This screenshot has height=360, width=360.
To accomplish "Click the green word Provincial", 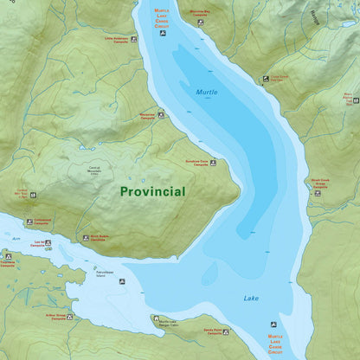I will (152, 191).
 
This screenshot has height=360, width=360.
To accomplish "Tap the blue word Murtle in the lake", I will (207, 92).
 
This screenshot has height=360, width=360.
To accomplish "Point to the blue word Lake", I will (250, 299).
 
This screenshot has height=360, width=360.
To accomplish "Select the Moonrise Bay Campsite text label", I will (199, 13).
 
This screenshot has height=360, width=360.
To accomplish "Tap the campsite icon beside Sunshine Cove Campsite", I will (213, 162).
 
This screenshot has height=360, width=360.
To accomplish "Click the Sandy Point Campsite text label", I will (215, 331).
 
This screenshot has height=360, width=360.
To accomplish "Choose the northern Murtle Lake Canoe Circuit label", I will (161, 18).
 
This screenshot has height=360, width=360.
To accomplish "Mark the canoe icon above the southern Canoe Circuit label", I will (274, 324).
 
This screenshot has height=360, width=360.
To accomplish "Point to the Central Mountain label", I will (100, 170).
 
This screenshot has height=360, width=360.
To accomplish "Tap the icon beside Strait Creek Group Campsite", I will (318, 193).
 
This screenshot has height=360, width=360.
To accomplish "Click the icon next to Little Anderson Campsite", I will (133, 39).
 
